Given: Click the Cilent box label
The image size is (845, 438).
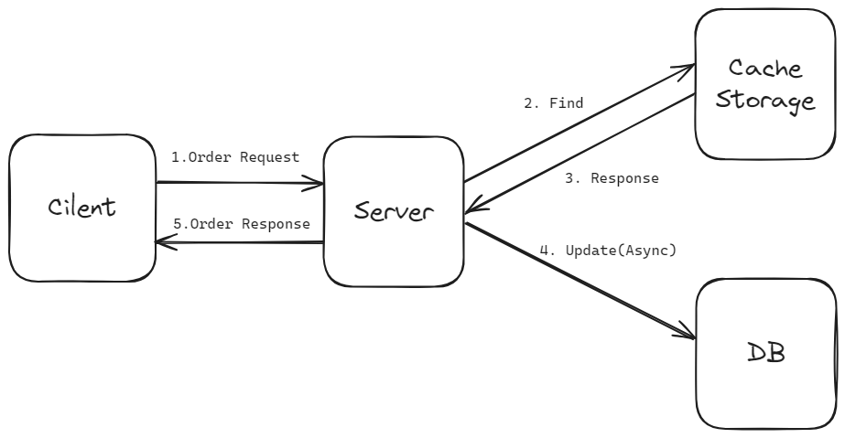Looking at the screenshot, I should click(x=82, y=207).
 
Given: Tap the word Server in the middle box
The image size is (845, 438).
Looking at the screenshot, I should click(x=394, y=212).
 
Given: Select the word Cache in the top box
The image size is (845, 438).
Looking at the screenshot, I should click(x=765, y=68).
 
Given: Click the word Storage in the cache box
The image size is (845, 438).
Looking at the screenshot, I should click(x=765, y=99).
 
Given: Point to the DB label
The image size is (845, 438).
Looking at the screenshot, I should click(x=765, y=353).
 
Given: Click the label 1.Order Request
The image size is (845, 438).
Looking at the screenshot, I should click(x=235, y=157).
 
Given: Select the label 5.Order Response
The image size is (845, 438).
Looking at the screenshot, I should click(x=242, y=224).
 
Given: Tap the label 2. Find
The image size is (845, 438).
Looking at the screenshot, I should click(x=554, y=103).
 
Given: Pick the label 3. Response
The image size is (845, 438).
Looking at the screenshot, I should click(x=612, y=178).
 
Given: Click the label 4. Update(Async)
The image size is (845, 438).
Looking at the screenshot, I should click(x=608, y=250).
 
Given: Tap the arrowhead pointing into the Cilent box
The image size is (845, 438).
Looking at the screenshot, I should click(x=164, y=242).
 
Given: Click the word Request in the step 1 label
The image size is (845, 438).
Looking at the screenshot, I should click(x=269, y=157).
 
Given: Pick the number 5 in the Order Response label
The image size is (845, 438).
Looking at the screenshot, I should click(x=177, y=224).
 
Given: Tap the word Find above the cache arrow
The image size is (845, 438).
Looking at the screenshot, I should click(x=567, y=103).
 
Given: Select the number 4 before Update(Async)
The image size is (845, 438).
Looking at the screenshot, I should click(x=544, y=250).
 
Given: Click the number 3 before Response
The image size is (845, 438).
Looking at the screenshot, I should click(x=569, y=178).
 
